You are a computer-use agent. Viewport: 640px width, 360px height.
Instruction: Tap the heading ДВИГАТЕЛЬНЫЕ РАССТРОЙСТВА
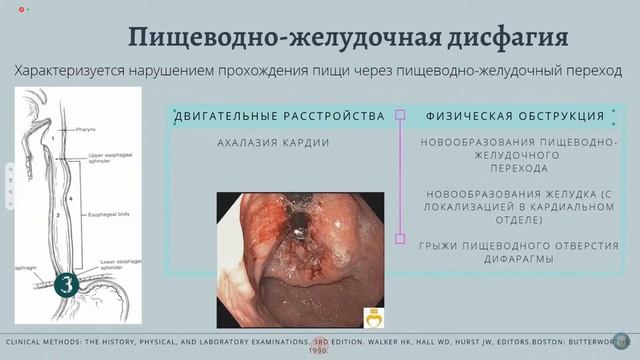tap(280, 117)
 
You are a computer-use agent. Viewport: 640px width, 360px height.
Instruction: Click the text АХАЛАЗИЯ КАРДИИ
tap(273, 143)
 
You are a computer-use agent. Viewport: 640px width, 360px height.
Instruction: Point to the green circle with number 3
tap(67, 282)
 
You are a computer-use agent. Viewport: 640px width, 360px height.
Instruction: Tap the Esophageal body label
tap(103, 213)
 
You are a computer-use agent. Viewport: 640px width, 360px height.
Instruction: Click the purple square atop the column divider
tap(400, 115)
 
